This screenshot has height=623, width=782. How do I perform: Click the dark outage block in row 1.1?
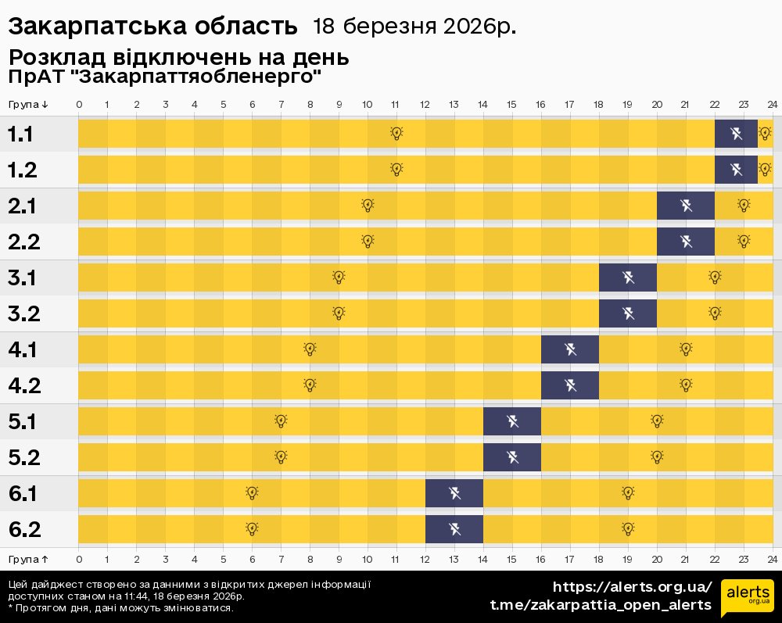[736, 134]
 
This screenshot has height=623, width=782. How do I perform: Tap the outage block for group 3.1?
[628, 277]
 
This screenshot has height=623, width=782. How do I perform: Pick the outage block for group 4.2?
[570, 385]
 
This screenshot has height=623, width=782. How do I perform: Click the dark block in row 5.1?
[512, 421]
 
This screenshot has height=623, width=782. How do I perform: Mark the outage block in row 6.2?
[454, 529]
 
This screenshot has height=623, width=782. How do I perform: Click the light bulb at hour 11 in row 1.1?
[396, 133]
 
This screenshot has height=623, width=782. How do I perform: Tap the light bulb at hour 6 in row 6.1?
[252, 492]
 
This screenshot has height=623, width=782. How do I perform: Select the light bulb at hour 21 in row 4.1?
[686, 349]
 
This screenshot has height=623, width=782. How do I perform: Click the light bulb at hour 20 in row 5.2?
[657, 457]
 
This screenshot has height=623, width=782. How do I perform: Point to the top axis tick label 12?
[425, 105]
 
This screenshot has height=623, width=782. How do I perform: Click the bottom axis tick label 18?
[599, 559]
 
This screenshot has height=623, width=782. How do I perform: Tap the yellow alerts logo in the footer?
[748, 598]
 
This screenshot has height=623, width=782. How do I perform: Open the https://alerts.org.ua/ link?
[632, 587]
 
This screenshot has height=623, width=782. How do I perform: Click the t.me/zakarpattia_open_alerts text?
[601, 605]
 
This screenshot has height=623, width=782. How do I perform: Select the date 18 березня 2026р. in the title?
[414, 27]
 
